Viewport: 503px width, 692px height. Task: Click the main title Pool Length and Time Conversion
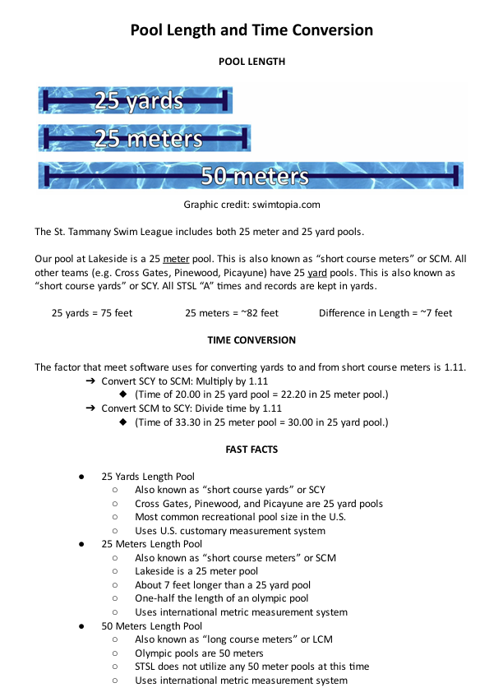(x=251, y=30)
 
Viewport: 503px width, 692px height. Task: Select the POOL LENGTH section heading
(x=251, y=61)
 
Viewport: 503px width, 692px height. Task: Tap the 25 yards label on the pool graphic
(x=137, y=101)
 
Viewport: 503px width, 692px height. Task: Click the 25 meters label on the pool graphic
(x=149, y=137)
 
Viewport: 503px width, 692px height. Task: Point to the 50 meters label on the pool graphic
(x=255, y=176)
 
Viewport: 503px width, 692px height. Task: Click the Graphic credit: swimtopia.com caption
(x=251, y=205)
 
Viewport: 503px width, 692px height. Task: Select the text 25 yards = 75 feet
(x=92, y=312)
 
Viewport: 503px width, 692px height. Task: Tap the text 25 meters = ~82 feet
(x=232, y=312)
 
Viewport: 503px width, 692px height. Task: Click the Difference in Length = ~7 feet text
(x=385, y=312)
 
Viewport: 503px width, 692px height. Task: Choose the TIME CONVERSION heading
(x=251, y=339)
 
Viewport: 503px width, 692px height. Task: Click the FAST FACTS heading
(x=251, y=449)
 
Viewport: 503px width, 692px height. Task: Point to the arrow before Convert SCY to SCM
(x=90, y=382)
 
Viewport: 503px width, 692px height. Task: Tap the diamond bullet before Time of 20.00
(x=122, y=395)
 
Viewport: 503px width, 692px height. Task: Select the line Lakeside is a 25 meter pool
(x=196, y=571)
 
